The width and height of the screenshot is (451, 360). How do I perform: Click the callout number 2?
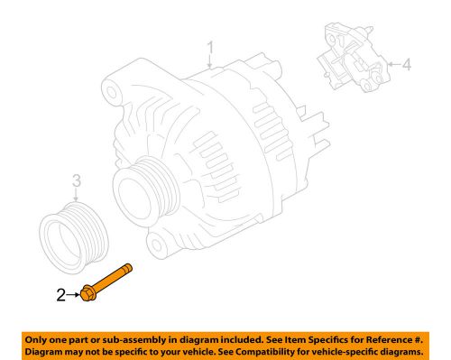pos(60,293)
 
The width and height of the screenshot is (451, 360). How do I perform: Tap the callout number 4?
pos(406,64)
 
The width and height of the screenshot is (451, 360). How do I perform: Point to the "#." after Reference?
pos(417,337)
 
